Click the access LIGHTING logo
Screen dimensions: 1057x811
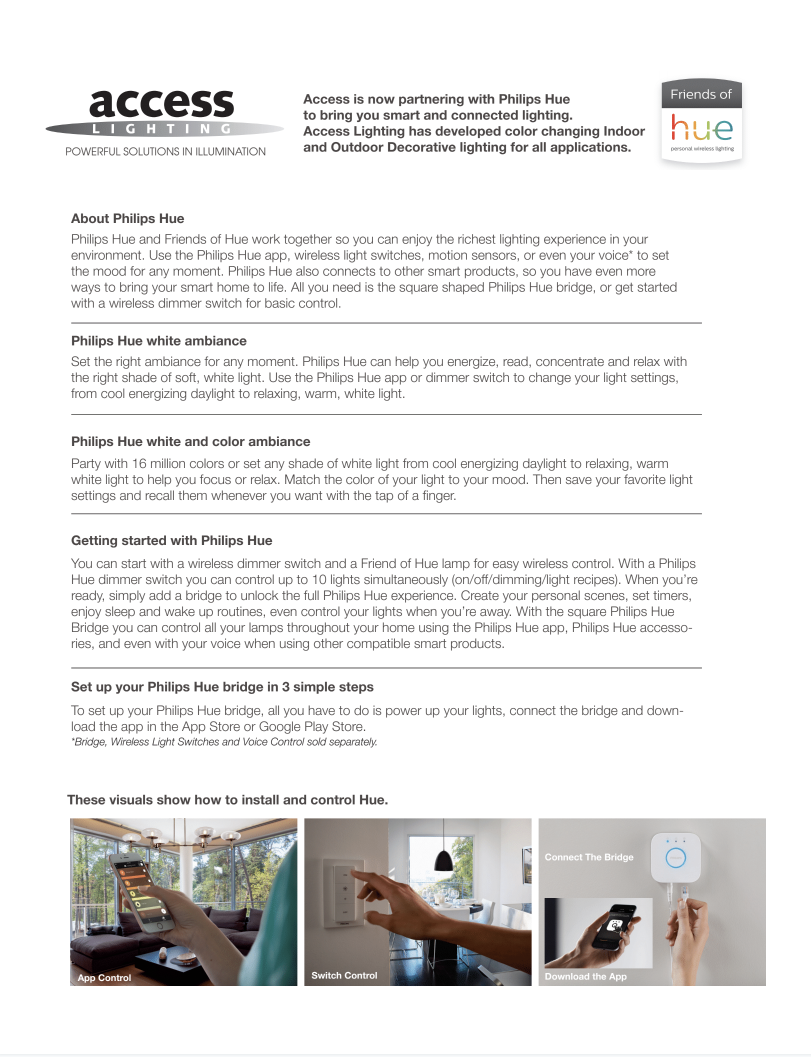pos(164,112)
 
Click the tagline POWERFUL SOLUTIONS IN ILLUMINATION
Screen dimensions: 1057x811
pos(165,151)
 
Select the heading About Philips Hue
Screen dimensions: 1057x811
pos(127,218)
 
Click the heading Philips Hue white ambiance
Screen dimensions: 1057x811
pos(158,341)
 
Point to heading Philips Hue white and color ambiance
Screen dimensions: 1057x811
pos(190,441)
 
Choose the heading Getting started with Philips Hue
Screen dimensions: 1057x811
pos(171,540)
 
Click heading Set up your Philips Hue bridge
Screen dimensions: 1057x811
pos(222,687)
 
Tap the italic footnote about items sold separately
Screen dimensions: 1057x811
pos(224,742)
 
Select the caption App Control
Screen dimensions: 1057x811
pos(104,977)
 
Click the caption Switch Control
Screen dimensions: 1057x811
pos(344,975)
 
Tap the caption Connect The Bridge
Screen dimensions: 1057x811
pos(589,857)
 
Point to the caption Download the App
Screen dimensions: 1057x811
pos(585,976)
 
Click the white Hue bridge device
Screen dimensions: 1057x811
pos(675,857)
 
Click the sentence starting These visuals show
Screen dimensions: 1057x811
pos(227,800)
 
